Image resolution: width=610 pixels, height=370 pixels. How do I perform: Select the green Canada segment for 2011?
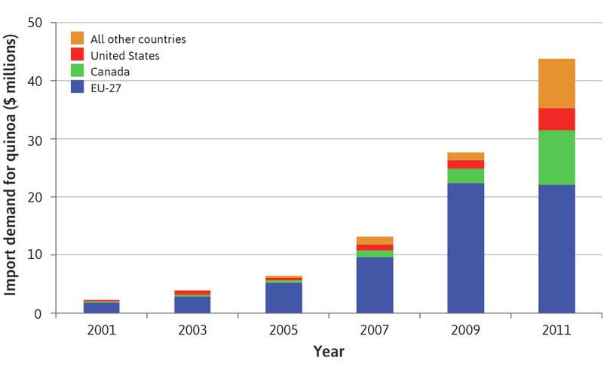[556, 157]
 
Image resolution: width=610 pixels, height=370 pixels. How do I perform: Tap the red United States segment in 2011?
[556, 119]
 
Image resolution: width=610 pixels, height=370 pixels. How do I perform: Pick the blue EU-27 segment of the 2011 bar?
[556, 248]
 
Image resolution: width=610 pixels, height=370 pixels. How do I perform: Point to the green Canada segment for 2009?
[465, 176]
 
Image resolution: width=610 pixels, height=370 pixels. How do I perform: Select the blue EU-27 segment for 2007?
[375, 285]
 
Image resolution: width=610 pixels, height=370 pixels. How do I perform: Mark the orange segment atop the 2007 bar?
[375, 240]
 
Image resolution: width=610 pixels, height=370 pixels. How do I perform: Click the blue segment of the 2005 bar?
[284, 298]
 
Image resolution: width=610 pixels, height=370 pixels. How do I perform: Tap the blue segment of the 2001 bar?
[101, 307]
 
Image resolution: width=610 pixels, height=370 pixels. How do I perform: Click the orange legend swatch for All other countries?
[77, 38]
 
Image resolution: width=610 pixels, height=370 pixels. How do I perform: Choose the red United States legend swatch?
[77, 55]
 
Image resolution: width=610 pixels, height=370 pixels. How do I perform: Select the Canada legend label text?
[110, 72]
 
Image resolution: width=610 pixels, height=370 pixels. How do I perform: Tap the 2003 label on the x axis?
[192, 331]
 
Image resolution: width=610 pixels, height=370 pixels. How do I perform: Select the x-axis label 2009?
[465, 331]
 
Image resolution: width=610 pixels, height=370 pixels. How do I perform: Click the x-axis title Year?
[329, 352]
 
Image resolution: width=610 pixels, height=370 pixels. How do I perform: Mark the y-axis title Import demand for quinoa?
[13, 168]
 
